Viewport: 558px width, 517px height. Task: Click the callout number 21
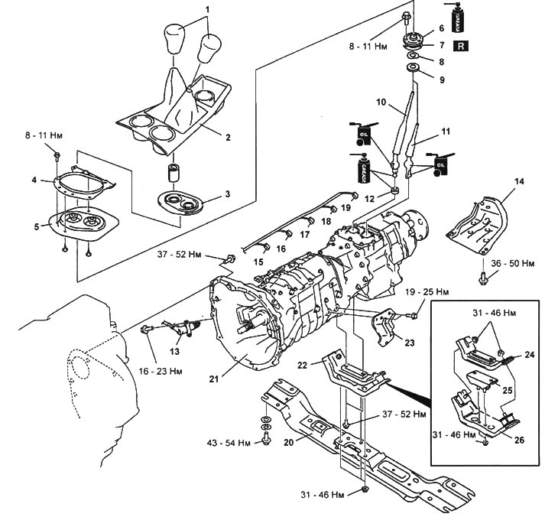pyautogui.click(x=213, y=379)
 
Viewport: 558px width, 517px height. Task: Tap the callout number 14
pyautogui.click(x=519, y=181)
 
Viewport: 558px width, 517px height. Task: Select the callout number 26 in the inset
pyautogui.click(x=519, y=440)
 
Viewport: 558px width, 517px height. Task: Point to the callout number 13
pyautogui.click(x=174, y=352)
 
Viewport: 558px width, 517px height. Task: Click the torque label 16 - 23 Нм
pyautogui.click(x=161, y=372)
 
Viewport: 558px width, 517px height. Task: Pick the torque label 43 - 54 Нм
pyautogui.click(x=229, y=444)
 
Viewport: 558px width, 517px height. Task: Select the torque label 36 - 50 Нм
pyautogui.click(x=513, y=264)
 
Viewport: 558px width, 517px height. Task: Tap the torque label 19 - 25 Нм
pyautogui.click(x=427, y=292)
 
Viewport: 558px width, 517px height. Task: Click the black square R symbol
pyautogui.click(x=461, y=46)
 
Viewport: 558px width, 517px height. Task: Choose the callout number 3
pyautogui.click(x=227, y=194)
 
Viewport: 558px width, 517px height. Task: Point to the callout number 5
pyautogui.click(x=36, y=226)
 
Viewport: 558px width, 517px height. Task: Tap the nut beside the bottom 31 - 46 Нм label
pyautogui.click(x=364, y=489)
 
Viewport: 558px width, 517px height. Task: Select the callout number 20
pyautogui.click(x=289, y=443)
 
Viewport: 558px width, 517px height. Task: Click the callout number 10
pyautogui.click(x=381, y=102)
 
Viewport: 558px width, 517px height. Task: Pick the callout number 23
pyautogui.click(x=410, y=343)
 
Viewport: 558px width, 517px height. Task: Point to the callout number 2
pyautogui.click(x=228, y=137)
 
